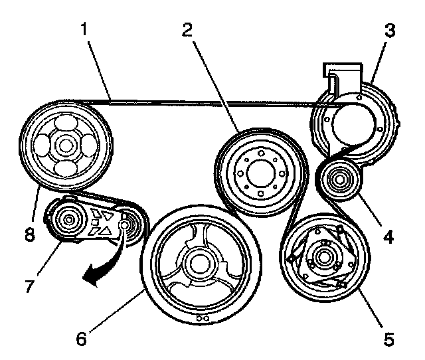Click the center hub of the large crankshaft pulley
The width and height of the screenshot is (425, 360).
pos(198,262)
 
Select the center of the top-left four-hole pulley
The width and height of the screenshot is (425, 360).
pos(64,145)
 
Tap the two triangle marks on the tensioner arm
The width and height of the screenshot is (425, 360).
pos(104,222)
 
